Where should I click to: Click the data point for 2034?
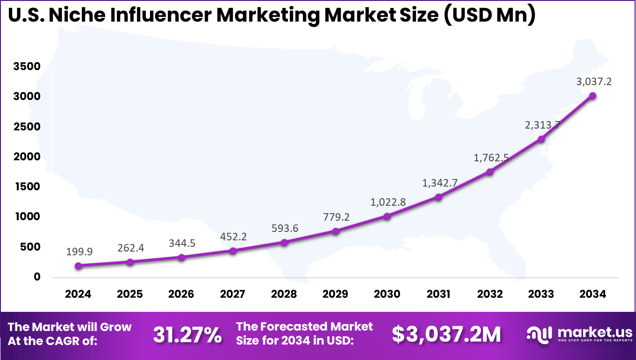593,96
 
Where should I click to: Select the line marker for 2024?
79,266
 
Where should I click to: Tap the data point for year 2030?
387,216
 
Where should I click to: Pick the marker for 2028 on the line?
284,242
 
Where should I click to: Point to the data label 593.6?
284,229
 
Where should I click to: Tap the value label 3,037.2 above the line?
594,82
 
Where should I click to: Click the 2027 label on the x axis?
233,294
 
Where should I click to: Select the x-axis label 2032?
490,294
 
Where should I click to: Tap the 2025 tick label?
130,294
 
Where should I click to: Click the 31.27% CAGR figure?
187,334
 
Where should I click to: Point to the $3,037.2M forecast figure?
446,334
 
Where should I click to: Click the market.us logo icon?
539,333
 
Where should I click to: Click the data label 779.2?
336,217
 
